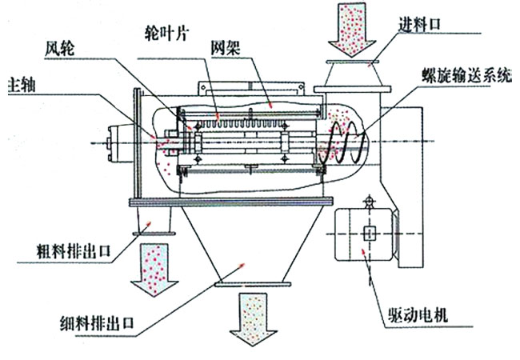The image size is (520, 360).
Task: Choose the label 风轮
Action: click(x=60, y=47)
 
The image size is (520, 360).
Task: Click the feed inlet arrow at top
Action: click(x=350, y=28)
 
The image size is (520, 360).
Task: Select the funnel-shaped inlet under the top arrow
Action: click(x=350, y=75)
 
